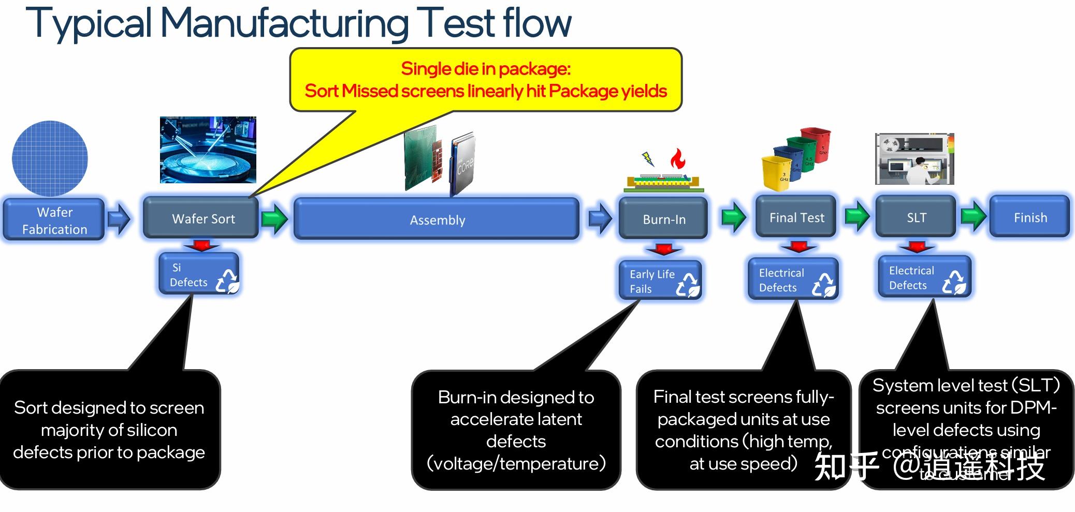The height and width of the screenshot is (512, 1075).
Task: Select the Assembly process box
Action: tap(437, 220)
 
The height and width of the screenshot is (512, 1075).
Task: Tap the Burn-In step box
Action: tap(663, 219)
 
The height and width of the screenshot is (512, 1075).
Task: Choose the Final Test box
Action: tap(796, 217)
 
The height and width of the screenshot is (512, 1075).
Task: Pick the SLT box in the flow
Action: tap(916, 217)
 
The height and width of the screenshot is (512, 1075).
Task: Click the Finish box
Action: tap(1029, 217)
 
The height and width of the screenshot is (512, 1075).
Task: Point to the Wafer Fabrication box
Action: tap(54, 220)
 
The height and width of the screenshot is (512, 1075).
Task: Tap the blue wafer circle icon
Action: tap(50, 158)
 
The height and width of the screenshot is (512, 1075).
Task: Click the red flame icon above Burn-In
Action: tap(677, 159)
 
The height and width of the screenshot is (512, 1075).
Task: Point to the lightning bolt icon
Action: tap(647, 158)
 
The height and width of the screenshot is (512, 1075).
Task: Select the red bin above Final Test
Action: tap(816, 145)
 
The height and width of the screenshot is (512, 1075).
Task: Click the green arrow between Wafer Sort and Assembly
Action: tap(274, 218)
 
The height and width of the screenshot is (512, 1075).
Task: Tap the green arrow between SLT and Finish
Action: tap(973, 216)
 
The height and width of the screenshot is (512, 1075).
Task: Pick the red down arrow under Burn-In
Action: tap(663, 250)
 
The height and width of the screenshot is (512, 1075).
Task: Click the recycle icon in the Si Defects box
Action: tap(227, 281)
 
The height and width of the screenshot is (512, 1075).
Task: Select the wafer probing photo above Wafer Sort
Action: tap(208, 150)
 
